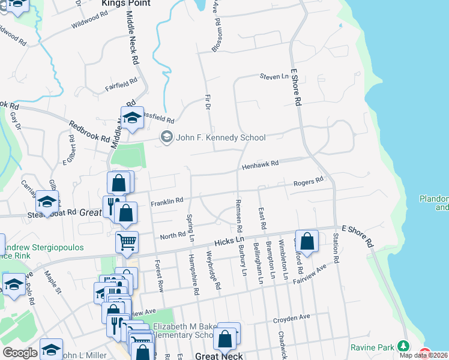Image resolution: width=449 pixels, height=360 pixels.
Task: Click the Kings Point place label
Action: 126,4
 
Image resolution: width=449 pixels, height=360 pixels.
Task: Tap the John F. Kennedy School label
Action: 220,138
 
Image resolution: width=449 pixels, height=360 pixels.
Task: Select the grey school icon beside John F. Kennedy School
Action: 166,138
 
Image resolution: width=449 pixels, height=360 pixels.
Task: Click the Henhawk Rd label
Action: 261,163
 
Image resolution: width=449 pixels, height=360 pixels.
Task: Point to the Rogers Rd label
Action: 309,181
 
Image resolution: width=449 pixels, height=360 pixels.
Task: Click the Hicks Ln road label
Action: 228,241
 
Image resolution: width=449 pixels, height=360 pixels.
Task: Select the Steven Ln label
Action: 274,77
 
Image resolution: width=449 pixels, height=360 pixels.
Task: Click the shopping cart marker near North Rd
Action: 127,242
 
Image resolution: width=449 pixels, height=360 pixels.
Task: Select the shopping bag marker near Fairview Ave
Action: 307,241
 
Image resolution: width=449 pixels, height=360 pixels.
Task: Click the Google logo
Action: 20,353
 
